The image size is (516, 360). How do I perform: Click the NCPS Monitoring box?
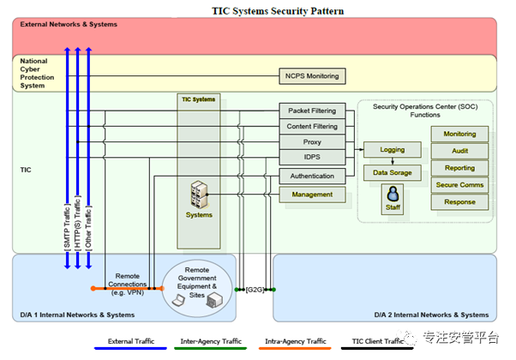coord(311,76)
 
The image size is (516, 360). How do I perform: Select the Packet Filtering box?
coord(312,111)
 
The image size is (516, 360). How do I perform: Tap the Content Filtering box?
coord(312,127)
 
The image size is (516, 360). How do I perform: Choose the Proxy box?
coord(312,142)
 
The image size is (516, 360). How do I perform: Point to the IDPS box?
coord(312,159)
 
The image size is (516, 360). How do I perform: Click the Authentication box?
coord(312,176)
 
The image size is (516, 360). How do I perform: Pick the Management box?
coord(312,195)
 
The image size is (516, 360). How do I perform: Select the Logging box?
coord(393,150)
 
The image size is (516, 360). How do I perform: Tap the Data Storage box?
coord(393,172)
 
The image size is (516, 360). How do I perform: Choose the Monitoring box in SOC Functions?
coord(459,135)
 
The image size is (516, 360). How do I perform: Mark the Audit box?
coord(459,151)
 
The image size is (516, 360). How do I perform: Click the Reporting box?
coord(459,168)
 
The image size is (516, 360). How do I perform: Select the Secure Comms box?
coord(459,185)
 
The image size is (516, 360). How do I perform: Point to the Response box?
coord(459,203)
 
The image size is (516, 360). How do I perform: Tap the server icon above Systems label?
coord(199,195)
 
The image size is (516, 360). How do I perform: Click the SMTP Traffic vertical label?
coord(67,227)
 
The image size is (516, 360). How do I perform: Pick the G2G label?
coord(255,290)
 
